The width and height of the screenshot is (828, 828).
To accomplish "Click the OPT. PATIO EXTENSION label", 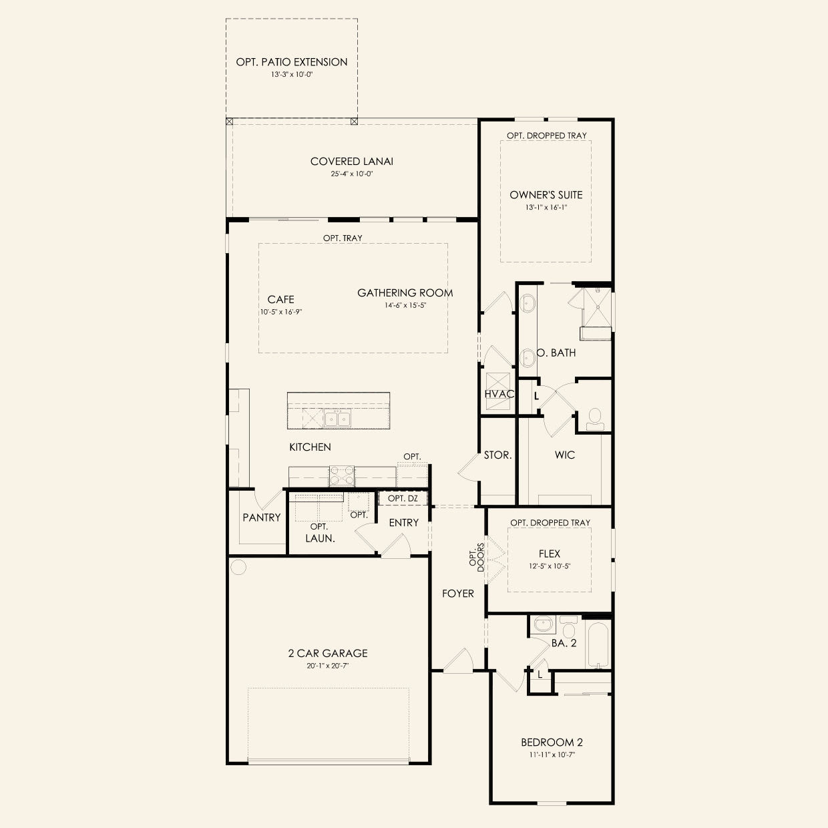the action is (x=292, y=62).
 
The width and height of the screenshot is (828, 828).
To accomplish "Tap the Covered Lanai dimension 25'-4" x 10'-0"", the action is (x=352, y=174).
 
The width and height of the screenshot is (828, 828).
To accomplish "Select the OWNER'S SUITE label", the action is (x=546, y=194).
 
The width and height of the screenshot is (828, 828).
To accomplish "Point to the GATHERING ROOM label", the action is (x=405, y=292).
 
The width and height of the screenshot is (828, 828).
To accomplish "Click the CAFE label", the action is (x=280, y=299).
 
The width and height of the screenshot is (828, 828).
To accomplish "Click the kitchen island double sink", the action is (x=337, y=417).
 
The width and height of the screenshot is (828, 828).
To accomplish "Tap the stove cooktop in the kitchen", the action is (x=342, y=475).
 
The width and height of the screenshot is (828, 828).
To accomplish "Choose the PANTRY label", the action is (x=261, y=517).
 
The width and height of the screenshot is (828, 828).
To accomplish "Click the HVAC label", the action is (x=499, y=394).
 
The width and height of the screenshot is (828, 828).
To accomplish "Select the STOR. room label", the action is (x=497, y=455).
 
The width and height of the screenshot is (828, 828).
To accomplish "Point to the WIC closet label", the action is (x=565, y=455).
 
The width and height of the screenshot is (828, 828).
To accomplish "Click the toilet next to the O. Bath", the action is (x=595, y=419).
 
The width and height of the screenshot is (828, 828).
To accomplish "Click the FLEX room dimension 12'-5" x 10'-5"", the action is (x=550, y=566).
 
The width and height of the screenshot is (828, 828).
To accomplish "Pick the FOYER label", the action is (x=458, y=594).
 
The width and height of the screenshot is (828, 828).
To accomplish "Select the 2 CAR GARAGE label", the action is (x=328, y=653).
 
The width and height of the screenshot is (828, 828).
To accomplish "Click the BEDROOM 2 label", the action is (x=552, y=742).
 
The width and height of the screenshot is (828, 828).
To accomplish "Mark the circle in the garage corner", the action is (x=238, y=567).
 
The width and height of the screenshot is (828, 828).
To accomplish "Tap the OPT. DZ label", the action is (x=403, y=498).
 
